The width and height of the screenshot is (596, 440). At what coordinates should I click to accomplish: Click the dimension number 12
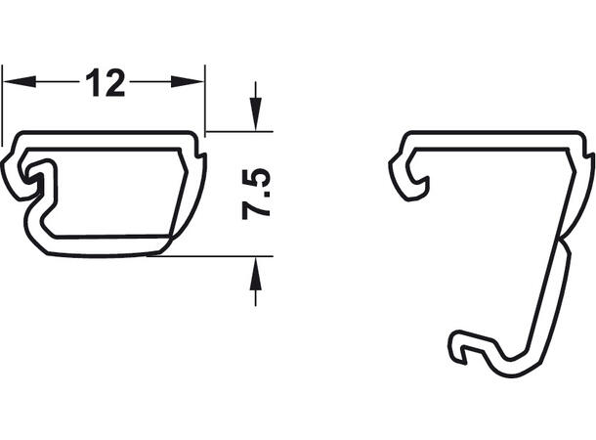point(105,82)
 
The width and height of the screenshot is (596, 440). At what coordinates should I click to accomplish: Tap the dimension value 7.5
point(256,195)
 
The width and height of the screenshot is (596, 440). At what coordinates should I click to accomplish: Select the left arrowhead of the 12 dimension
point(20,81)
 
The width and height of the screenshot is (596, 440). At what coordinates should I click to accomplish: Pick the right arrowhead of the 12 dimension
point(188,81)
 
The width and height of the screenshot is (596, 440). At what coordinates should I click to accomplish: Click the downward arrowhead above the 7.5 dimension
point(255,114)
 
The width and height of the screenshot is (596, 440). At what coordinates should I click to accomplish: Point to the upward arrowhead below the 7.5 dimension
point(255,274)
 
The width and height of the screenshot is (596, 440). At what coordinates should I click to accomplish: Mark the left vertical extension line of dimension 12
point(2,106)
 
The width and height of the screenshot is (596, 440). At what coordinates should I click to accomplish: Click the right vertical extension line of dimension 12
point(205,101)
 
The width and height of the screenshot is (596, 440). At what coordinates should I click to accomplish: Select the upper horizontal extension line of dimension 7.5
point(239,132)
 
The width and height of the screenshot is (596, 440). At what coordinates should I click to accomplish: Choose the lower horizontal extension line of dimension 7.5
point(210,256)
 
